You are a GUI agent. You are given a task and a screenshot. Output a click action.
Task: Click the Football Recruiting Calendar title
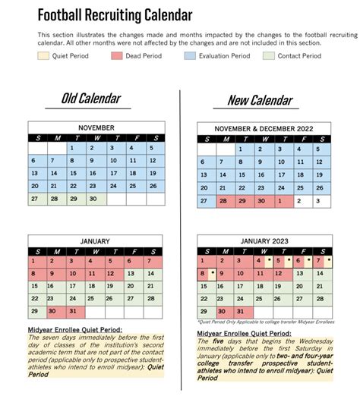(x=115, y=15)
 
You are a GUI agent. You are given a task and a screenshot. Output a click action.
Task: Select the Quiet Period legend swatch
(x=44, y=55)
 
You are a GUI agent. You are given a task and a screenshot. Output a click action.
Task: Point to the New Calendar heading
(x=259, y=99)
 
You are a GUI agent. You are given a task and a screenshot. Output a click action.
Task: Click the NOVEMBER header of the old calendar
(x=95, y=127)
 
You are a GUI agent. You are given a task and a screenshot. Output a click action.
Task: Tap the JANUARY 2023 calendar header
(x=264, y=241)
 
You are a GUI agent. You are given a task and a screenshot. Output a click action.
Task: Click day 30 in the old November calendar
(x=94, y=199)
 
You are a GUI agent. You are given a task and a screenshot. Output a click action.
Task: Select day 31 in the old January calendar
(x=74, y=311)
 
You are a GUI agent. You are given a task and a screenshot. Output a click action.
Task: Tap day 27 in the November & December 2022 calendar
(x=205, y=201)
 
